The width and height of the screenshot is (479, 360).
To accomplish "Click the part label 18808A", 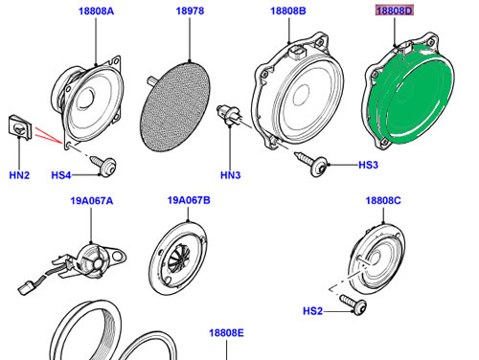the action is coord(96,11).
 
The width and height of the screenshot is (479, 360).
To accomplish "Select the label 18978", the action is coord(190,11).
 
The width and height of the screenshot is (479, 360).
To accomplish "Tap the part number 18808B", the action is coord(288,11).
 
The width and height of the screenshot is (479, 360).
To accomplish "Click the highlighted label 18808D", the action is coord(395,11).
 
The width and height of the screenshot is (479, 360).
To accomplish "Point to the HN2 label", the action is coord(19,175).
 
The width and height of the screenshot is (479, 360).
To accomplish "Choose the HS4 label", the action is coord(61,175).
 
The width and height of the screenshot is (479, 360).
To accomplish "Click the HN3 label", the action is coord(230,175).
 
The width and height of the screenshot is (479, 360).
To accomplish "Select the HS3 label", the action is coord(368,165).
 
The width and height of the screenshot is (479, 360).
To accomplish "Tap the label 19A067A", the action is coord(92,201).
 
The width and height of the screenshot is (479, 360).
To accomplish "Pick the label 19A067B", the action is coord(189,200).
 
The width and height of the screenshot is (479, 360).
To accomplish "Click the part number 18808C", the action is coord(383,201).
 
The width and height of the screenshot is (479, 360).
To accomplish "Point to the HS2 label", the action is coord(312,311).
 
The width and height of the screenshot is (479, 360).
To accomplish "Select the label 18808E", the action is coord(226,333).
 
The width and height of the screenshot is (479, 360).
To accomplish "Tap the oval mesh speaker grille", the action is coord(175,106).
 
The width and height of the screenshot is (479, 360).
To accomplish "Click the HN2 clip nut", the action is coord(20,127).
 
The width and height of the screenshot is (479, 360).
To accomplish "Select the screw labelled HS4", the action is coord(103,166).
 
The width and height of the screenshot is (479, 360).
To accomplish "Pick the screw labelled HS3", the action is coord(311,163).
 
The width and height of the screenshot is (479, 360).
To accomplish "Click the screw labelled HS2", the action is coord(354,304).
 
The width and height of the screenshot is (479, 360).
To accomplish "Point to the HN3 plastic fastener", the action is coord(228,115).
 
